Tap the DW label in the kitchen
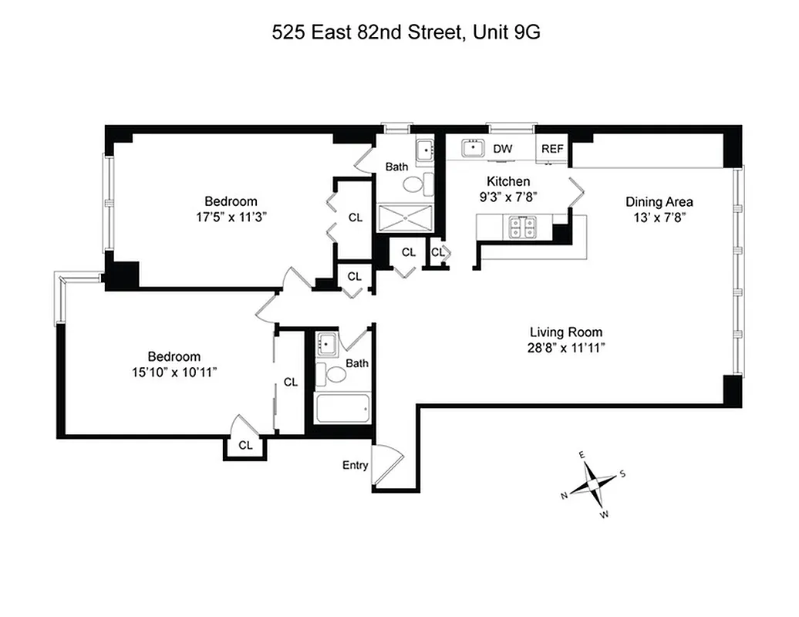(502, 149)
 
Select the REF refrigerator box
(552, 149)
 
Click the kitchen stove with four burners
(521, 226)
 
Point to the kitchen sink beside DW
(472, 148)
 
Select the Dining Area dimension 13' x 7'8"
(659, 217)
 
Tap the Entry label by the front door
(355, 465)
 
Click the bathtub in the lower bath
(342, 407)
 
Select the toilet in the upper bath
(415, 184)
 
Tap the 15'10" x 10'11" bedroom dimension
(174, 372)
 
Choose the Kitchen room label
(507, 181)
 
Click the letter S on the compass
(622, 474)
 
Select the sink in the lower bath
(325, 342)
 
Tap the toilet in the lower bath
(336, 375)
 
